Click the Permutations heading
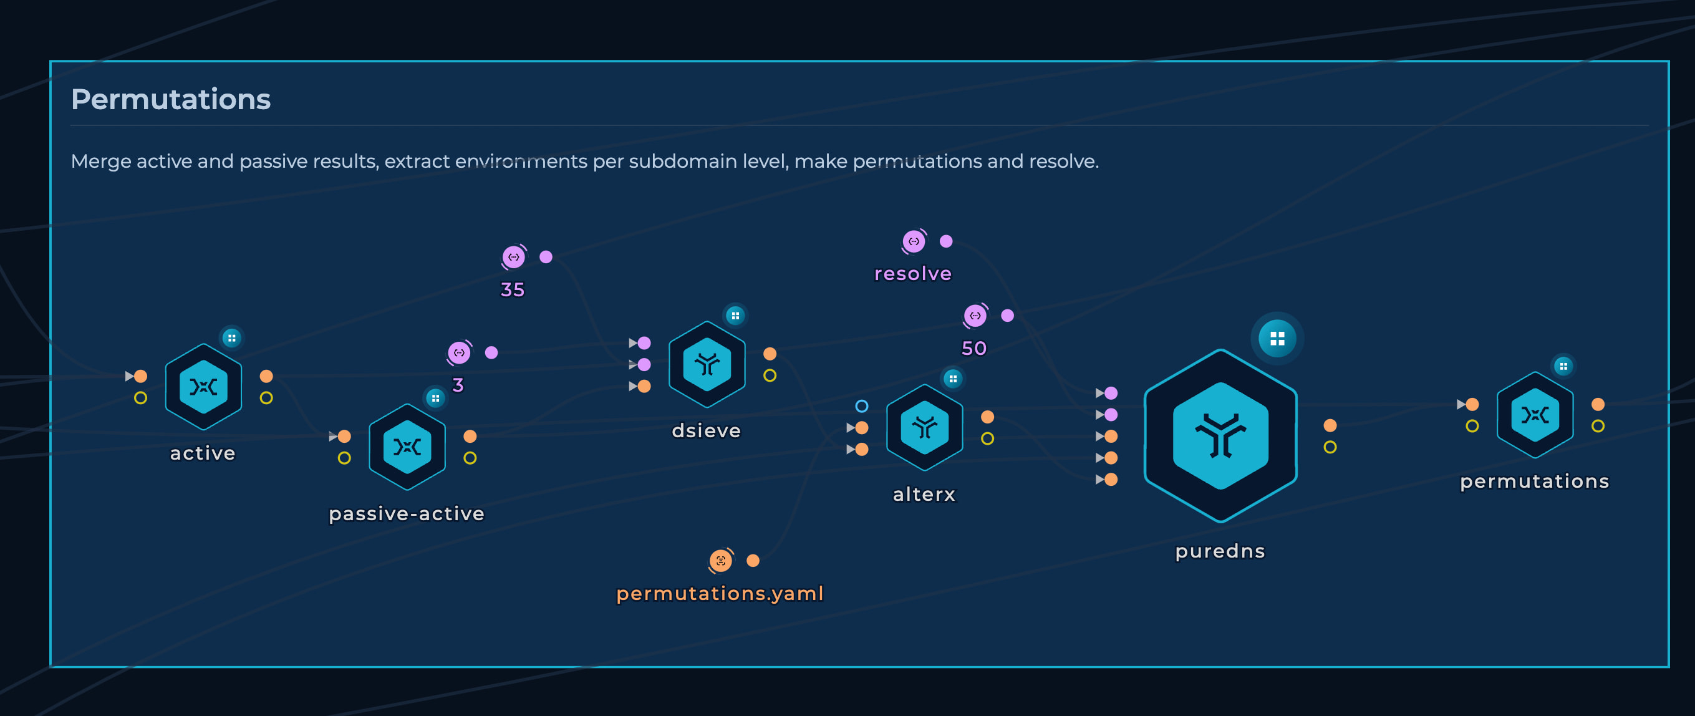(170, 99)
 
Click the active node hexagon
(203, 386)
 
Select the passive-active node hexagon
(407, 447)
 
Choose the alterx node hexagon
(924, 427)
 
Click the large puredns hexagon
(1220, 436)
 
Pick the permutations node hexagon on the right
(1535, 415)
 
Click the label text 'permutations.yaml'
(720, 594)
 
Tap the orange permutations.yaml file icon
(720, 561)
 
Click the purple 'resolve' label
(912, 274)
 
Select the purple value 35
(513, 289)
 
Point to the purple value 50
(975, 348)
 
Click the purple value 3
(458, 385)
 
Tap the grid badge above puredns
(1277, 338)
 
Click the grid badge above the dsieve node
(735, 316)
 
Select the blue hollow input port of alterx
(861, 406)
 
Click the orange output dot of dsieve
(770, 354)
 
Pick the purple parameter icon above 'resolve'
(914, 241)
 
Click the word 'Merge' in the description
(100, 162)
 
